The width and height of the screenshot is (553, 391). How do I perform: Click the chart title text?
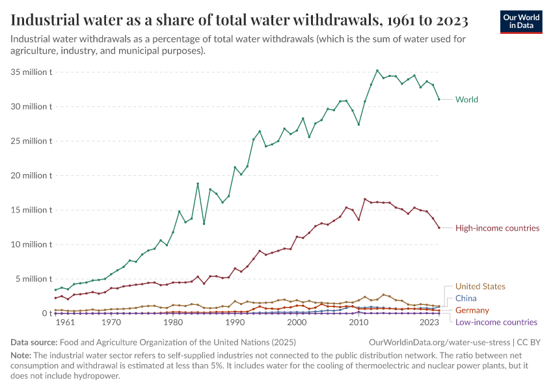239,21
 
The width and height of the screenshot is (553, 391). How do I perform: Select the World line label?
466,100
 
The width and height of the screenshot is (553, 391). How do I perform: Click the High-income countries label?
497,228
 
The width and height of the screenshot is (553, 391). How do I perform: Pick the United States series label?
480,286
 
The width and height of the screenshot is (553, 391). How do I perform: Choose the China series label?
466,298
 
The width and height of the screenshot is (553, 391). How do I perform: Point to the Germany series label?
472,310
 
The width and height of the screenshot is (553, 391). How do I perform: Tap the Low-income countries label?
496,322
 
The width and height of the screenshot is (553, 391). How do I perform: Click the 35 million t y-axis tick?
32,72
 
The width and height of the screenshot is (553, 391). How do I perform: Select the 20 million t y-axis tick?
32,175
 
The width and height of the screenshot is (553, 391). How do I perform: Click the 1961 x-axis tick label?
64,322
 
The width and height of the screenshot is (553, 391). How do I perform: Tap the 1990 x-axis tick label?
235,322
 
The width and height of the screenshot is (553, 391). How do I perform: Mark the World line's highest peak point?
377,70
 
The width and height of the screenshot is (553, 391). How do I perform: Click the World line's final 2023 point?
439,99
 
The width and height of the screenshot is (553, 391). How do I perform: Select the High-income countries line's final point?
439,227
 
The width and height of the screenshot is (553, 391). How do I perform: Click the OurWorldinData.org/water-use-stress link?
440,342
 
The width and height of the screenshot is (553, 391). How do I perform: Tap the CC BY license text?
530,342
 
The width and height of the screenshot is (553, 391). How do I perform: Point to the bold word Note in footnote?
21,356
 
